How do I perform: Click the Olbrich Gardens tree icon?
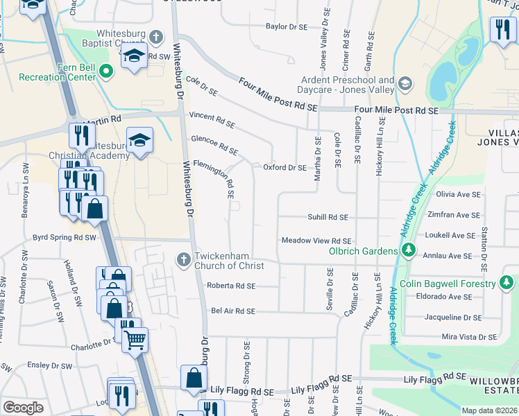click(409, 250)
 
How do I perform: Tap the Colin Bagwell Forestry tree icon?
click(507, 283)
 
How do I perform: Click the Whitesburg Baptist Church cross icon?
click(156, 36)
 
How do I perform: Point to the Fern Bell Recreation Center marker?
click(106, 70)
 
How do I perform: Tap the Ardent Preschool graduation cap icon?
click(405, 85)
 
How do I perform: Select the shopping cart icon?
click(135, 338)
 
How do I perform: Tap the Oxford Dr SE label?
click(284, 167)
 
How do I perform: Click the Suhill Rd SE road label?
click(327, 217)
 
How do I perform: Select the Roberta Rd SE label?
click(231, 286)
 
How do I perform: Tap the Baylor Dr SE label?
click(286, 27)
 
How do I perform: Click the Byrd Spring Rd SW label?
click(65, 237)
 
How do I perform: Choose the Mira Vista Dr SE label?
click(469, 337)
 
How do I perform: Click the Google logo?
click(23, 408)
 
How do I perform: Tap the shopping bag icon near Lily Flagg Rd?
click(194, 377)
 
